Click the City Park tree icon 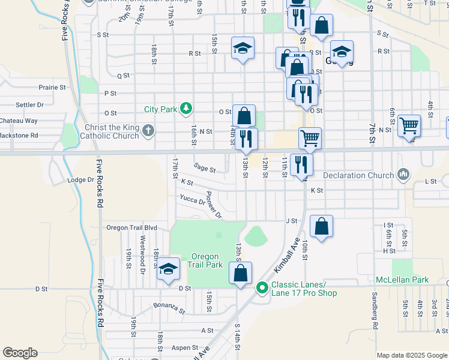tap(187, 108)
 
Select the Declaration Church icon tap(403, 175)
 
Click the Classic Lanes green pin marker tap(262, 288)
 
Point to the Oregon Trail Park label tap(205, 260)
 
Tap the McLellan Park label tap(402, 280)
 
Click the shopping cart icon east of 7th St tap(409, 126)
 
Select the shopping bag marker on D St tap(240, 273)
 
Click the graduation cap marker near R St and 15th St tap(243, 48)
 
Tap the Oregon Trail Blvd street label tap(131, 227)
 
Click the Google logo tap(20, 352)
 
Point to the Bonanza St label tap(169, 308)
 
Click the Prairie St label tap(52, 87)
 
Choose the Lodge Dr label tap(81, 179)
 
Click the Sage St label tap(205, 167)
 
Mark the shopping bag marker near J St tap(322, 227)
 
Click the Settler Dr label tap(26, 104)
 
